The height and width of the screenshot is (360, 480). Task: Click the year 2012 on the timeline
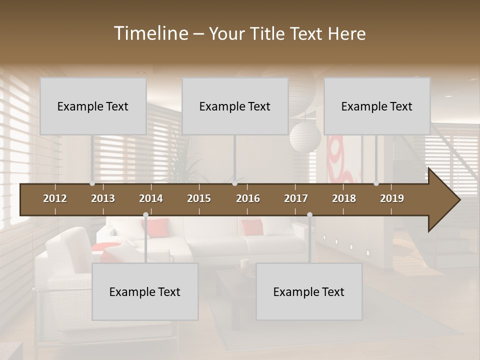coord(55,198)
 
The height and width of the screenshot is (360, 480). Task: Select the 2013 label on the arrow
coord(103,198)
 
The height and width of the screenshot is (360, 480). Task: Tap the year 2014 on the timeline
coord(151,198)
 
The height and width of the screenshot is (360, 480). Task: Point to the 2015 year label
coord(199,198)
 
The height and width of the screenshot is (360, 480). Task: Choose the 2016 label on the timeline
coord(248,198)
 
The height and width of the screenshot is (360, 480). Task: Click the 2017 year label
coord(296,198)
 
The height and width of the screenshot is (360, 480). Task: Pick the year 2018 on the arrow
coord(344,198)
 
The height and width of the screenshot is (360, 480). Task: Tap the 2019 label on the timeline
coord(392,198)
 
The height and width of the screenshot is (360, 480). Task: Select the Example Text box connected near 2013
coord(93,106)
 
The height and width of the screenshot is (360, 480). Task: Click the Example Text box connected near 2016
coord(235,106)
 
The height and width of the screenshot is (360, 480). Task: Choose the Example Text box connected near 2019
coord(377,106)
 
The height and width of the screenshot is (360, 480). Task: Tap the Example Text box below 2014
coord(145,292)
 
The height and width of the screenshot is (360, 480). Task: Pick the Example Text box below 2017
coord(309,292)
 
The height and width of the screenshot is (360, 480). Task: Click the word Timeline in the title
coord(150,33)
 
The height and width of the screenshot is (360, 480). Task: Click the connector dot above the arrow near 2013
coord(92,183)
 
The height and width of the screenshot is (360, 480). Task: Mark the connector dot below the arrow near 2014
coord(145,215)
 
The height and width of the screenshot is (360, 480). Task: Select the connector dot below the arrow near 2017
coord(309,215)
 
